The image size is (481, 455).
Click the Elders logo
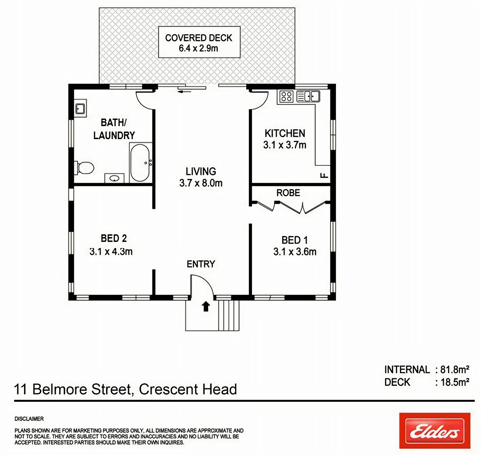[x=435, y=430]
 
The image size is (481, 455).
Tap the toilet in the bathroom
[x=84, y=168]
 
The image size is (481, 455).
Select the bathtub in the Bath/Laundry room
[x=140, y=163]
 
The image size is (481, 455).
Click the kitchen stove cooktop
[x=286, y=96]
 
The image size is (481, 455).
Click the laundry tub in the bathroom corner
[x=80, y=108]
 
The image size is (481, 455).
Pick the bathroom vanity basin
[x=114, y=178]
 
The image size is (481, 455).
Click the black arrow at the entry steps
[x=206, y=306]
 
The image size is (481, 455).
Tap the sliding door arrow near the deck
[x=184, y=92]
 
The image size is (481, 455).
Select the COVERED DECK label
[x=199, y=38]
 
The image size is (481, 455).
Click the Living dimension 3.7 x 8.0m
[x=201, y=183]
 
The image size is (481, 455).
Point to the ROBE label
[x=288, y=193]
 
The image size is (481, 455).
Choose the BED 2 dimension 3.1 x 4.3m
[x=111, y=251]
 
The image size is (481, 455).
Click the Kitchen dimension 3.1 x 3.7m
[x=285, y=145]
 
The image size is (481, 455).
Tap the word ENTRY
[x=201, y=264]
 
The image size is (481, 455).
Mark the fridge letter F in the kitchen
[x=324, y=175]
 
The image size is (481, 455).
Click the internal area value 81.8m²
[x=455, y=369]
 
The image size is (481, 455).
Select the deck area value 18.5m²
[x=455, y=382]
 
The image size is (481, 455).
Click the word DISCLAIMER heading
[x=29, y=419]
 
